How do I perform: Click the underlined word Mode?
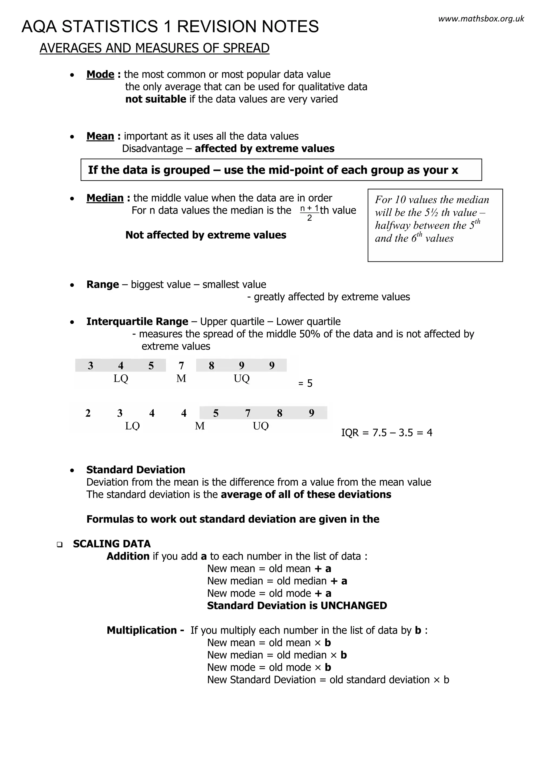coord(100,74)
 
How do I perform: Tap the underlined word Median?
coord(105,198)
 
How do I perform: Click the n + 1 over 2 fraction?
coord(309,213)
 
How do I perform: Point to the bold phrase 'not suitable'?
coord(156,99)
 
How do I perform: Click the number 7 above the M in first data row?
coord(181,366)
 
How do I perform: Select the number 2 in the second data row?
coord(88,413)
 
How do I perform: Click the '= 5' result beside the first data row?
coord(305,383)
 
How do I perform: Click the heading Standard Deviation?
coord(136,470)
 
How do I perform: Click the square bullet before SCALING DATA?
coord(60,545)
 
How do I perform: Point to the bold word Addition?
coord(128,556)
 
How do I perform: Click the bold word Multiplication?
coord(141,630)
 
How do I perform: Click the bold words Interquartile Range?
coord(137,321)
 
